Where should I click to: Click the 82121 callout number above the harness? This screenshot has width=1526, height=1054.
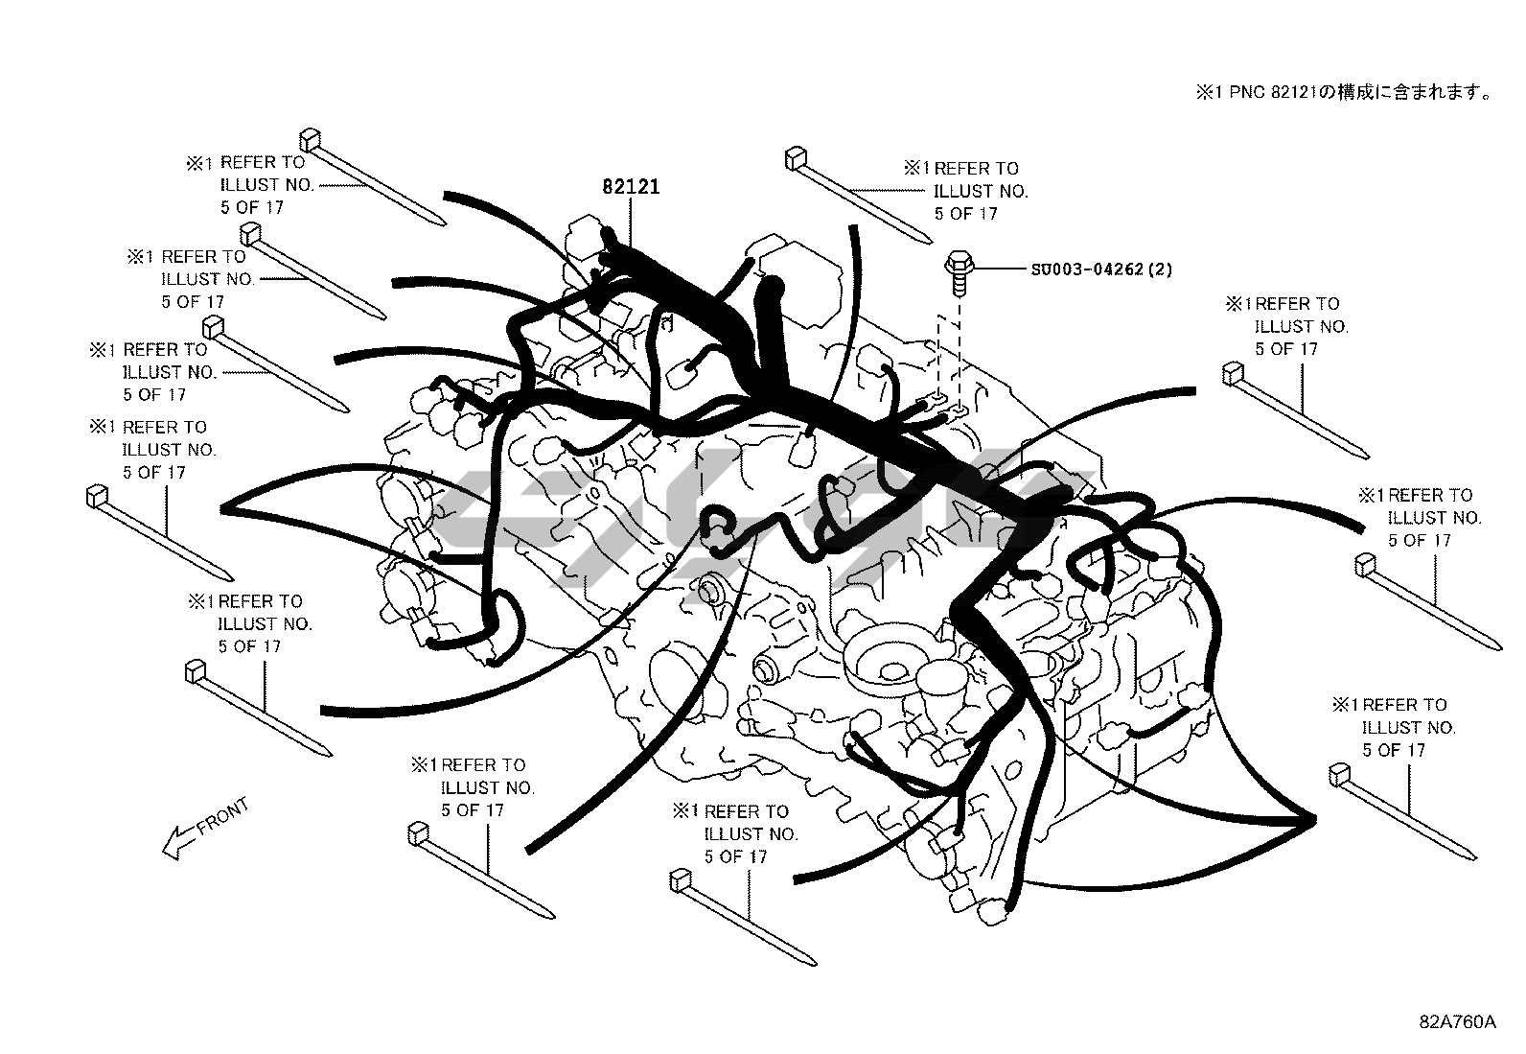coord(631,186)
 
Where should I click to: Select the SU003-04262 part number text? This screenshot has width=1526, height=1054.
coord(1088,270)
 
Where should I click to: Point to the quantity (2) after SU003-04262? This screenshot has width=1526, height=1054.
coord(1160,270)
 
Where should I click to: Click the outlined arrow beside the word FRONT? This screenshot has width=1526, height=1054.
coord(176,841)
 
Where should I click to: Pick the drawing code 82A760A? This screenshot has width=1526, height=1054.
coord(1457,1021)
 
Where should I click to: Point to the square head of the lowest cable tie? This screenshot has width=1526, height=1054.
coord(680,878)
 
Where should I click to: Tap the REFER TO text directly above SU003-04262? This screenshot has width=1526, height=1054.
coord(977,169)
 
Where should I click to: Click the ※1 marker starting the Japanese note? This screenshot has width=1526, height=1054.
coord(1205,92)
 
